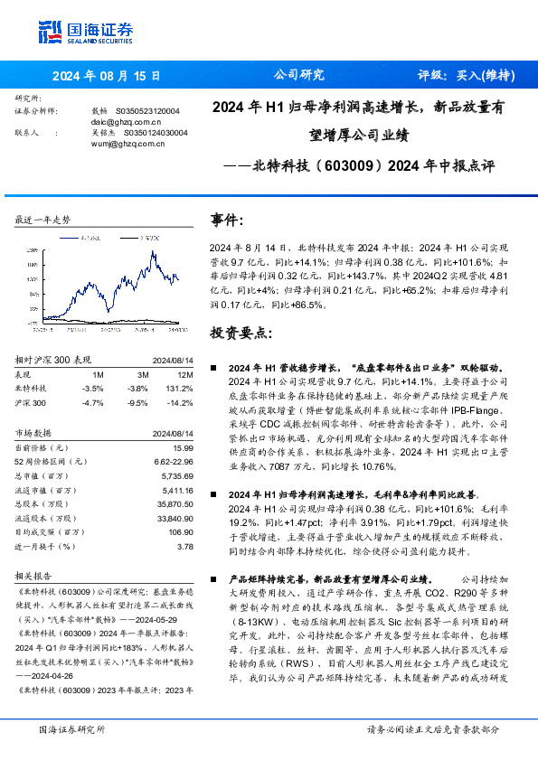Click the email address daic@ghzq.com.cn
click(x=127, y=121)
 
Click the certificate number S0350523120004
click(x=151, y=110)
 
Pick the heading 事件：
click(x=228, y=220)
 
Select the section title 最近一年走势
click(x=43, y=220)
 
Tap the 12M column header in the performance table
click(x=187, y=374)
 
